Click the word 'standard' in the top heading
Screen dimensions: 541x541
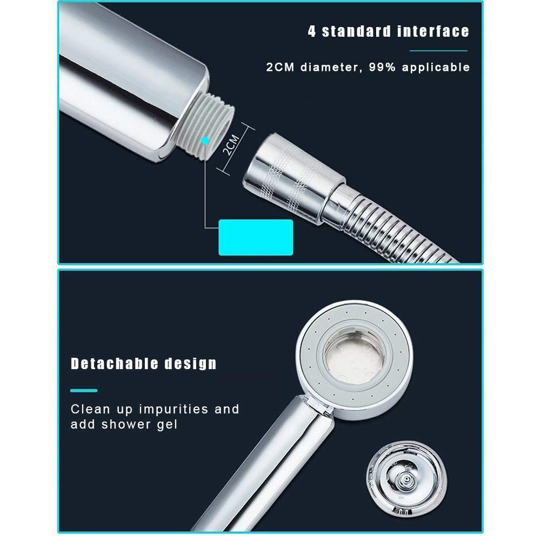(356, 31)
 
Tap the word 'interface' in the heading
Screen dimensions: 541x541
(433, 31)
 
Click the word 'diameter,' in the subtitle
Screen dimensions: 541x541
(331, 67)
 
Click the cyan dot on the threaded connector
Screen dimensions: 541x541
(205, 141)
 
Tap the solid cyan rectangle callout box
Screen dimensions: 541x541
(256, 237)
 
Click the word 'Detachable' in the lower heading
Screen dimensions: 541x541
(115, 364)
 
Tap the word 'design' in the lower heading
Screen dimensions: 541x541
(190, 364)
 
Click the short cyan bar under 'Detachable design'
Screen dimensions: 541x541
(84, 391)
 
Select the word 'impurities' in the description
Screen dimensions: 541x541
(173, 410)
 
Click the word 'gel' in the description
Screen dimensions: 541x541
(167, 425)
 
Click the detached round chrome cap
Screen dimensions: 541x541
(406, 478)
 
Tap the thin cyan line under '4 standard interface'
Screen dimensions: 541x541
(438, 51)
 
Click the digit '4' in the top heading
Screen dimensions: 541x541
(312, 31)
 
